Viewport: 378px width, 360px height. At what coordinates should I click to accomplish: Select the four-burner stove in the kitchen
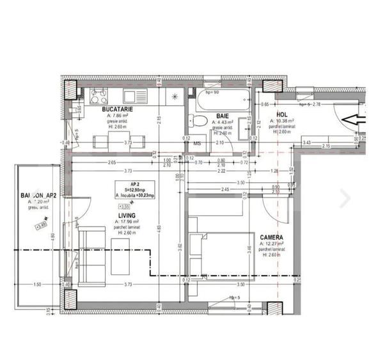coord(98,97)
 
